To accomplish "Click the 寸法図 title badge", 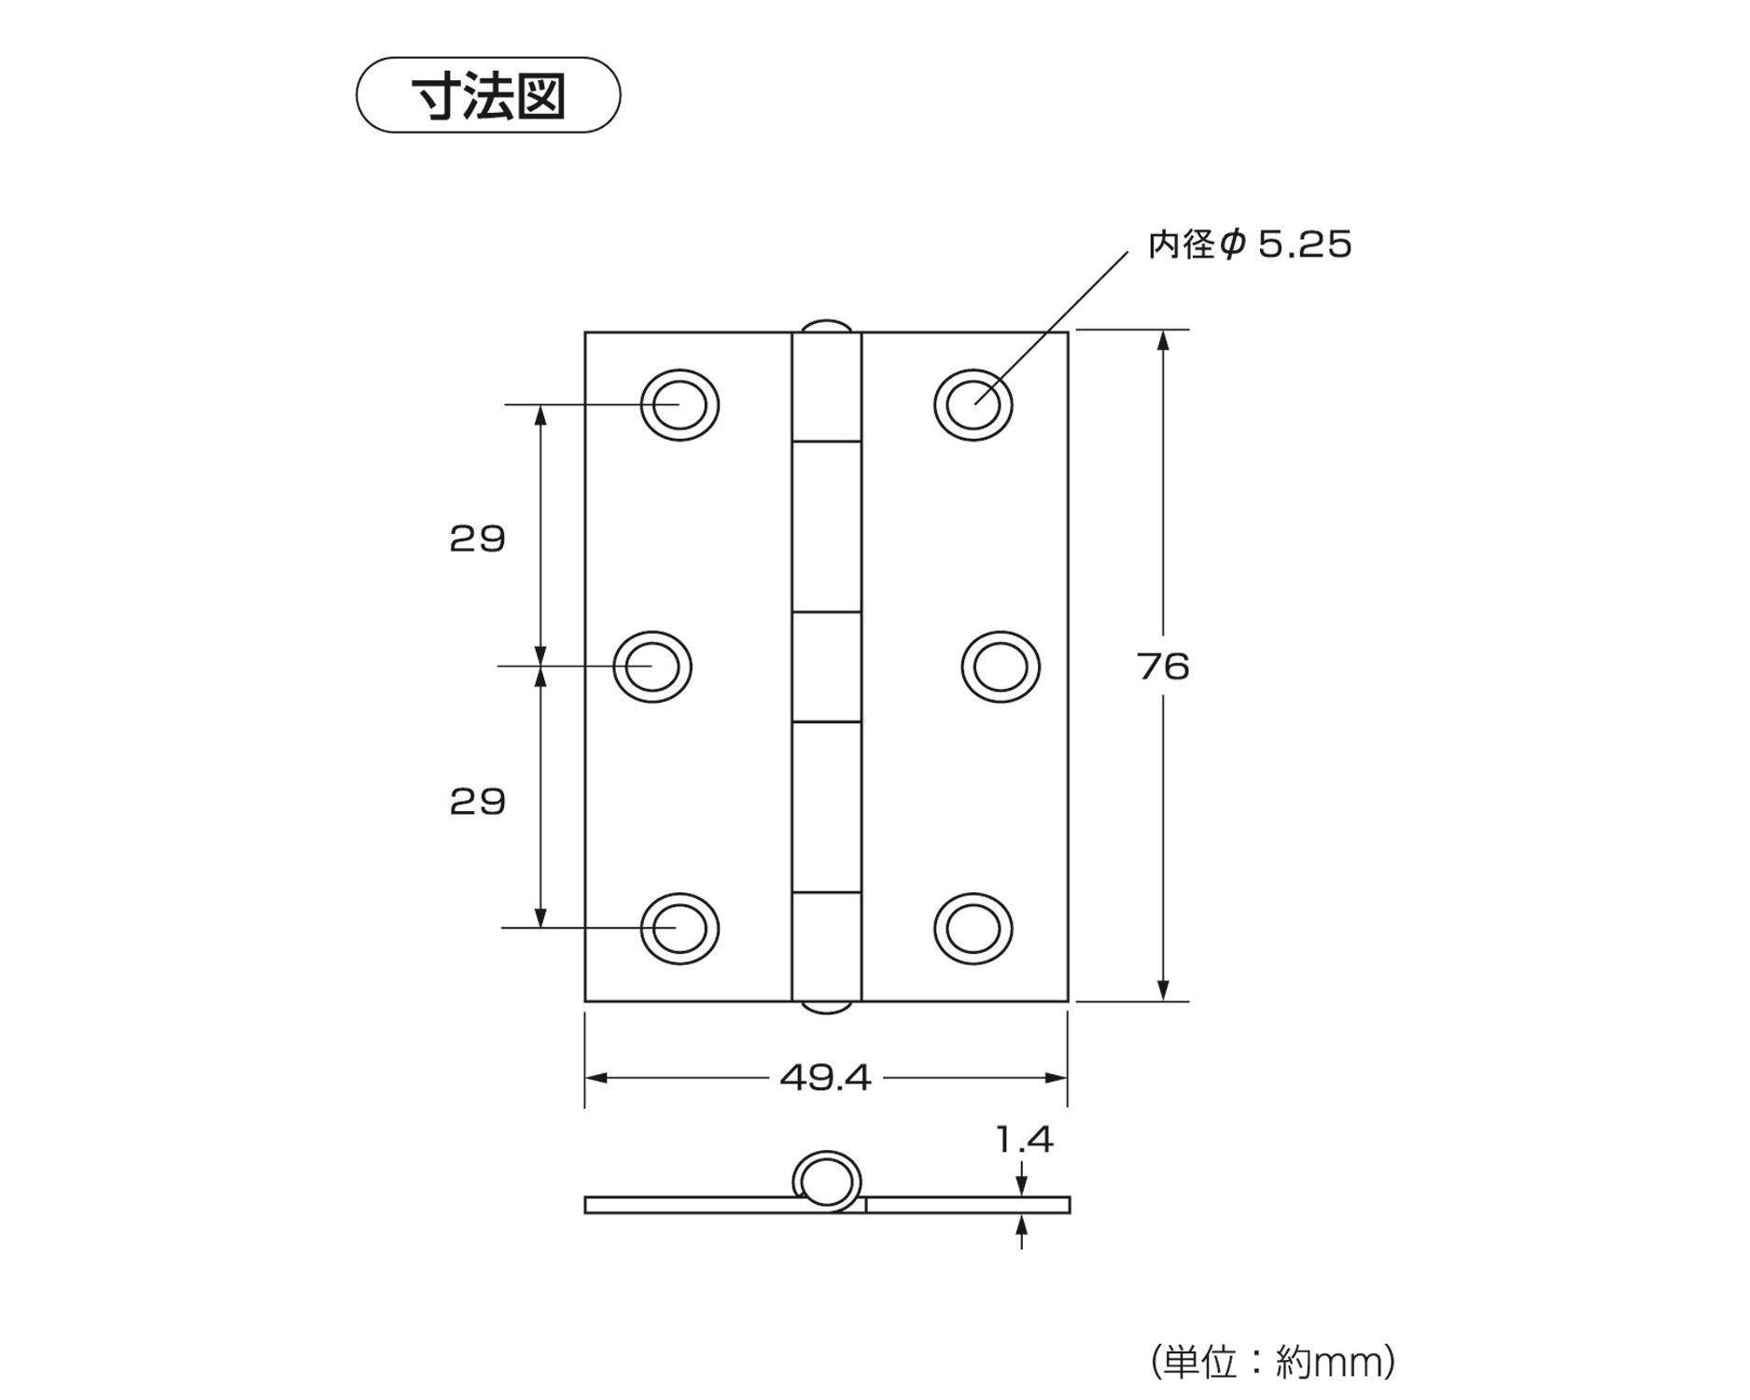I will pos(488,95).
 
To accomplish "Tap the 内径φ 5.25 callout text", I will pos(1250,245).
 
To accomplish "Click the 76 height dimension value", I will pos(1163,666).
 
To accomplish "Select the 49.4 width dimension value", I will pos(825,1078).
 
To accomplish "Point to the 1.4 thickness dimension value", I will pos(1024,1140).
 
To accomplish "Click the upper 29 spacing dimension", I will pos(477,539).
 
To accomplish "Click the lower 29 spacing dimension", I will pos(477,802).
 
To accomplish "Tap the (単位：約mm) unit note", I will pos(1273,1362).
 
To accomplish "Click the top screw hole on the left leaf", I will pos(679,405).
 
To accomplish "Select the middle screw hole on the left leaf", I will pos(652,666).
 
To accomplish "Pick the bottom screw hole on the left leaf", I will pos(679,929).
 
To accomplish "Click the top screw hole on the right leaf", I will pos(973,405).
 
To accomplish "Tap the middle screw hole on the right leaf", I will pos(1001,666).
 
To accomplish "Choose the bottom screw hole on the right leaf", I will pos(973,929).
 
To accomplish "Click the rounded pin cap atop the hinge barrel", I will pos(826,327).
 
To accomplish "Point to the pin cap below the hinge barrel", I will pos(826,1007).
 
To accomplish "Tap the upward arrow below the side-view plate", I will pos(1023,1224).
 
